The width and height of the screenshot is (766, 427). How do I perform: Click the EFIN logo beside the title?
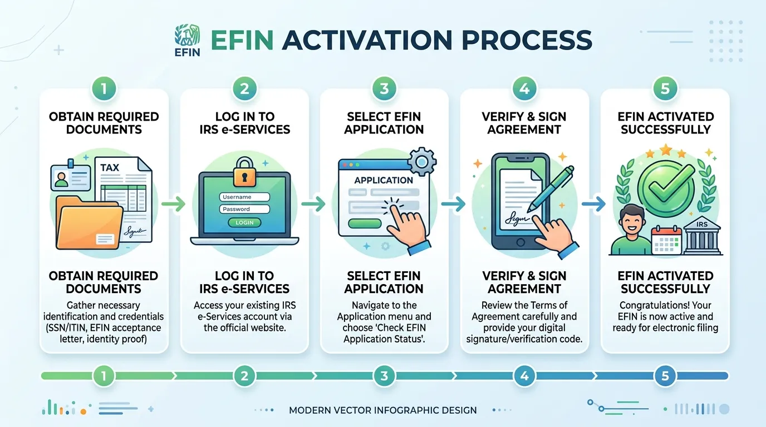[188, 40]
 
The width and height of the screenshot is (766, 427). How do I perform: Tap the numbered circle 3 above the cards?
[384, 89]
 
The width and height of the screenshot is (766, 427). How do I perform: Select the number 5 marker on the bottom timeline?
[665, 376]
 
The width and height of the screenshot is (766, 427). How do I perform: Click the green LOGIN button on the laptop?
[244, 222]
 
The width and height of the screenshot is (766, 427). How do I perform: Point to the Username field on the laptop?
[244, 197]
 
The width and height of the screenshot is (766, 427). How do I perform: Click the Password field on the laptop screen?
[244, 209]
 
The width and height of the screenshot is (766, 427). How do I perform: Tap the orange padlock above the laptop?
[244, 172]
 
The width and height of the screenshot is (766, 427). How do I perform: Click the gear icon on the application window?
[422, 162]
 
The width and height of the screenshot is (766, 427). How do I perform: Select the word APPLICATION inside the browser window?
[384, 180]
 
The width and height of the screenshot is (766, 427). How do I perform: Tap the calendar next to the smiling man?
[666, 241]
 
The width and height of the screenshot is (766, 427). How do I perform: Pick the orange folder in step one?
[89, 223]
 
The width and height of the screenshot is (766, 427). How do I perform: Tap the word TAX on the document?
[110, 167]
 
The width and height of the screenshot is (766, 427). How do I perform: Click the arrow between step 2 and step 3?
[313, 204]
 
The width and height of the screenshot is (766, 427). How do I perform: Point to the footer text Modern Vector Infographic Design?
[382, 410]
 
